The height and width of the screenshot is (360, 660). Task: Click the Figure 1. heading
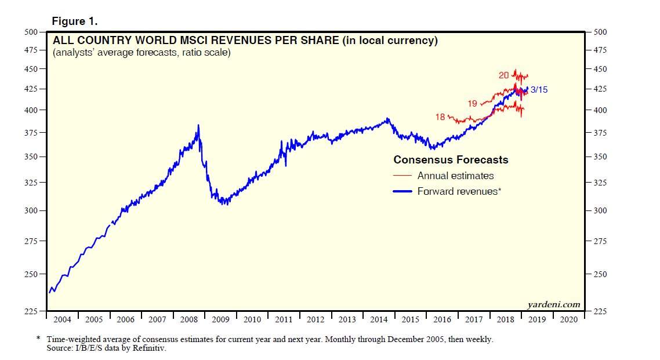[75, 21]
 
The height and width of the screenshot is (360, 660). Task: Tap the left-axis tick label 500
[30, 32]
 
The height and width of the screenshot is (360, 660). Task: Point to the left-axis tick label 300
[30, 210]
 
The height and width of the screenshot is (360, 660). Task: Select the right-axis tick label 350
[600, 157]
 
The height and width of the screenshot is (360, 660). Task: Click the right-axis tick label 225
[600, 312]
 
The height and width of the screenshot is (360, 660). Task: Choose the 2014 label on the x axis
[379, 319]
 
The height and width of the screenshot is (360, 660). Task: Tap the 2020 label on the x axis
[569, 319]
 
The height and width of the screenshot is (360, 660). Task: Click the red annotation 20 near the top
[503, 75]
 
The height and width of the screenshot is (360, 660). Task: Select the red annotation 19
[472, 103]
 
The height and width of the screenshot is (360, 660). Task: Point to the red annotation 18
[440, 117]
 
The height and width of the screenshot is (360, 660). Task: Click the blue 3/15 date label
[539, 90]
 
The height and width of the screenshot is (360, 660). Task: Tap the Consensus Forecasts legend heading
[451, 160]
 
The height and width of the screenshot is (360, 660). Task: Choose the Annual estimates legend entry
[455, 176]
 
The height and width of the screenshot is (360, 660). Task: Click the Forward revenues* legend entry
[459, 191]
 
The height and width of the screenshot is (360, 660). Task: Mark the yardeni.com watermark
[554, 304]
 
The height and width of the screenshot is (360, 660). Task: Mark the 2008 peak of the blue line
[198, 125]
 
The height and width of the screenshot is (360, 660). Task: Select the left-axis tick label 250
[30, 274]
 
